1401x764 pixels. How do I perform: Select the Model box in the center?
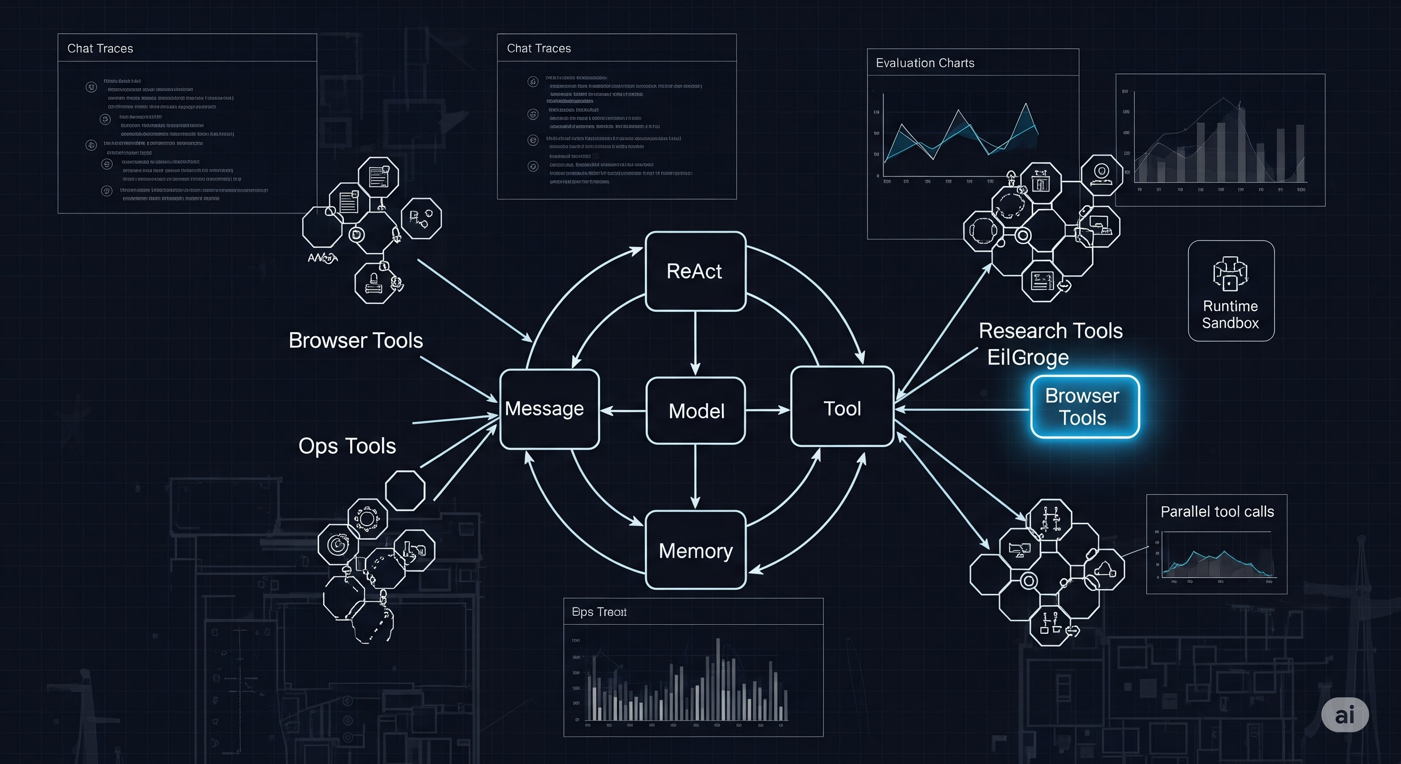pos(696,410)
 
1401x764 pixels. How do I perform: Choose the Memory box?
pos(696,550)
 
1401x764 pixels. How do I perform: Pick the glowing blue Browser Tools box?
pos(1085,407)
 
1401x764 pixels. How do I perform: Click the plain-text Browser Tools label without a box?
pos(356,340)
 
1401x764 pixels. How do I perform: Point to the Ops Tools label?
pos(347,446)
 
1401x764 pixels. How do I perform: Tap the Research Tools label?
pos(1050,331)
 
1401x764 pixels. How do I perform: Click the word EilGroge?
pos(1027,358)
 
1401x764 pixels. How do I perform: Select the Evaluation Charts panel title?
pos(924,63)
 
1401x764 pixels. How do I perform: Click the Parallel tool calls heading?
pos(1216,512)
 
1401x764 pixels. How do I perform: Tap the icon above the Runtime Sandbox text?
pos(1230,274)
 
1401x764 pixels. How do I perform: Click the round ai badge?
pos(1344,715)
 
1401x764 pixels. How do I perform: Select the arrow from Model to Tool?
pos(767,410)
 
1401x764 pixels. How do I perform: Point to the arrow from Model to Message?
pos(623,410)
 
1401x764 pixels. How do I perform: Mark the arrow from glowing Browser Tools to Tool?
pos(962,409)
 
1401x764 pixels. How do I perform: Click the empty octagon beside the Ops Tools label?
pos(405,490)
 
